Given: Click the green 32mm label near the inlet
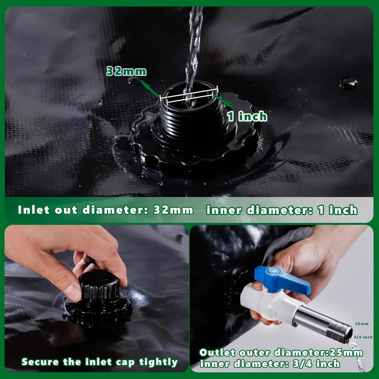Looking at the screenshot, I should coord(126,71).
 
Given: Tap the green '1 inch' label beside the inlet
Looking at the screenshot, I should coord(247,116).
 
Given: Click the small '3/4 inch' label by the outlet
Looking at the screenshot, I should coord(363,337).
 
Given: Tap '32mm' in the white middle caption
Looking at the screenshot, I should coord(173,210).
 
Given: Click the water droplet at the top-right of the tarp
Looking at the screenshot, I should coord(348,82).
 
